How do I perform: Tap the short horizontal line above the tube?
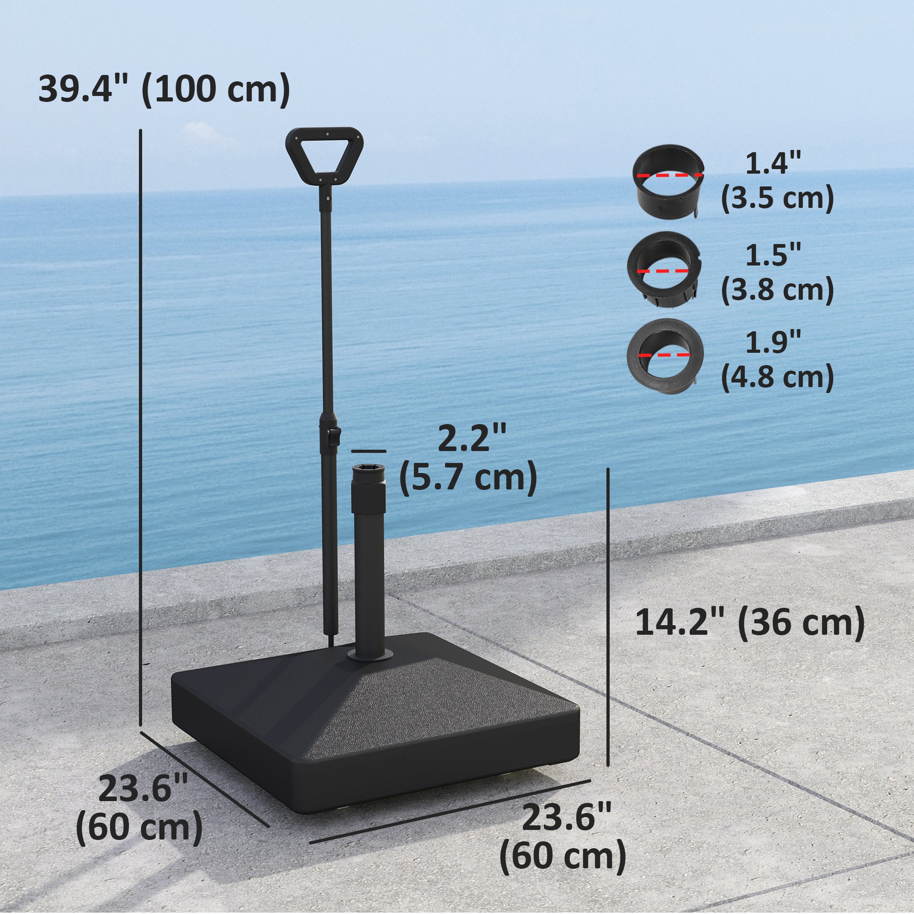pos(368,452)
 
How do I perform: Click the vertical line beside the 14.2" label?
pos(608,601)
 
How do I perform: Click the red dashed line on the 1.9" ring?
pos(664,354)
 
